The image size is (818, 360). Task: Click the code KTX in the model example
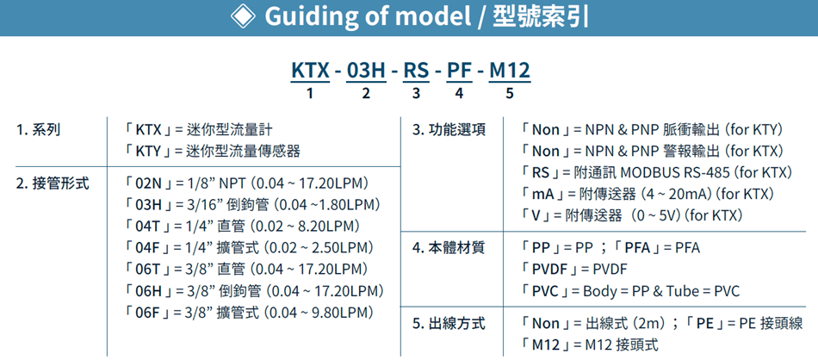coord(310,71)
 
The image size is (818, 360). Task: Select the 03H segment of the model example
coord(366,71)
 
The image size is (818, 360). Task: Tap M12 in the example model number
coord(509,71)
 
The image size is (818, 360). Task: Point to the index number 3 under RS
coord(416,94)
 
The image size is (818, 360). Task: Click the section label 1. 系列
coord(38,130)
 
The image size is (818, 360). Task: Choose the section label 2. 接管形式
coord(53,183)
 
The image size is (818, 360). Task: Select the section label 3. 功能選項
coord(449,130)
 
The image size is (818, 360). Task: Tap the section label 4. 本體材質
coord(449,247)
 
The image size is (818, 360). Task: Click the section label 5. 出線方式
coord(449,324)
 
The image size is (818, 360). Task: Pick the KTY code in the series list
coord(150,152)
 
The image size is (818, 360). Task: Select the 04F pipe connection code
coord(149,247)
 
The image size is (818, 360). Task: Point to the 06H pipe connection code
coord(150,289)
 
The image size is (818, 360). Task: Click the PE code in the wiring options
coord(705,324)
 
